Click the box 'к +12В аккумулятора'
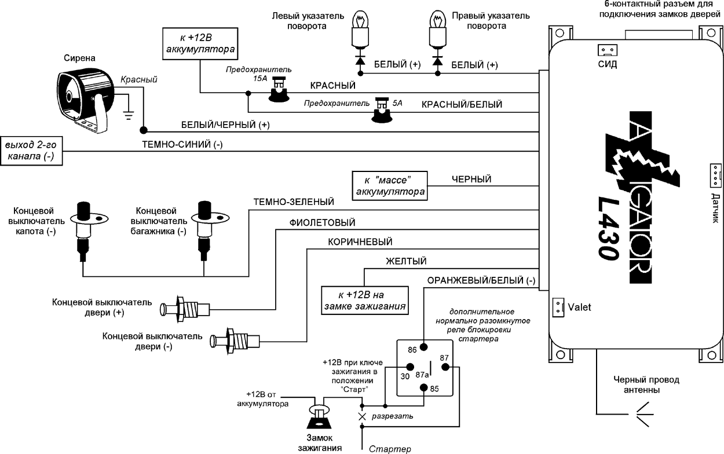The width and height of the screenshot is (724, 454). click(x=200, y=44)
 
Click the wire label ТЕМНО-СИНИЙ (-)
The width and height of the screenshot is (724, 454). click(x=182, y=145)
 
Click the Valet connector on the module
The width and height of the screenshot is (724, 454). click(x=557, y=307)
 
